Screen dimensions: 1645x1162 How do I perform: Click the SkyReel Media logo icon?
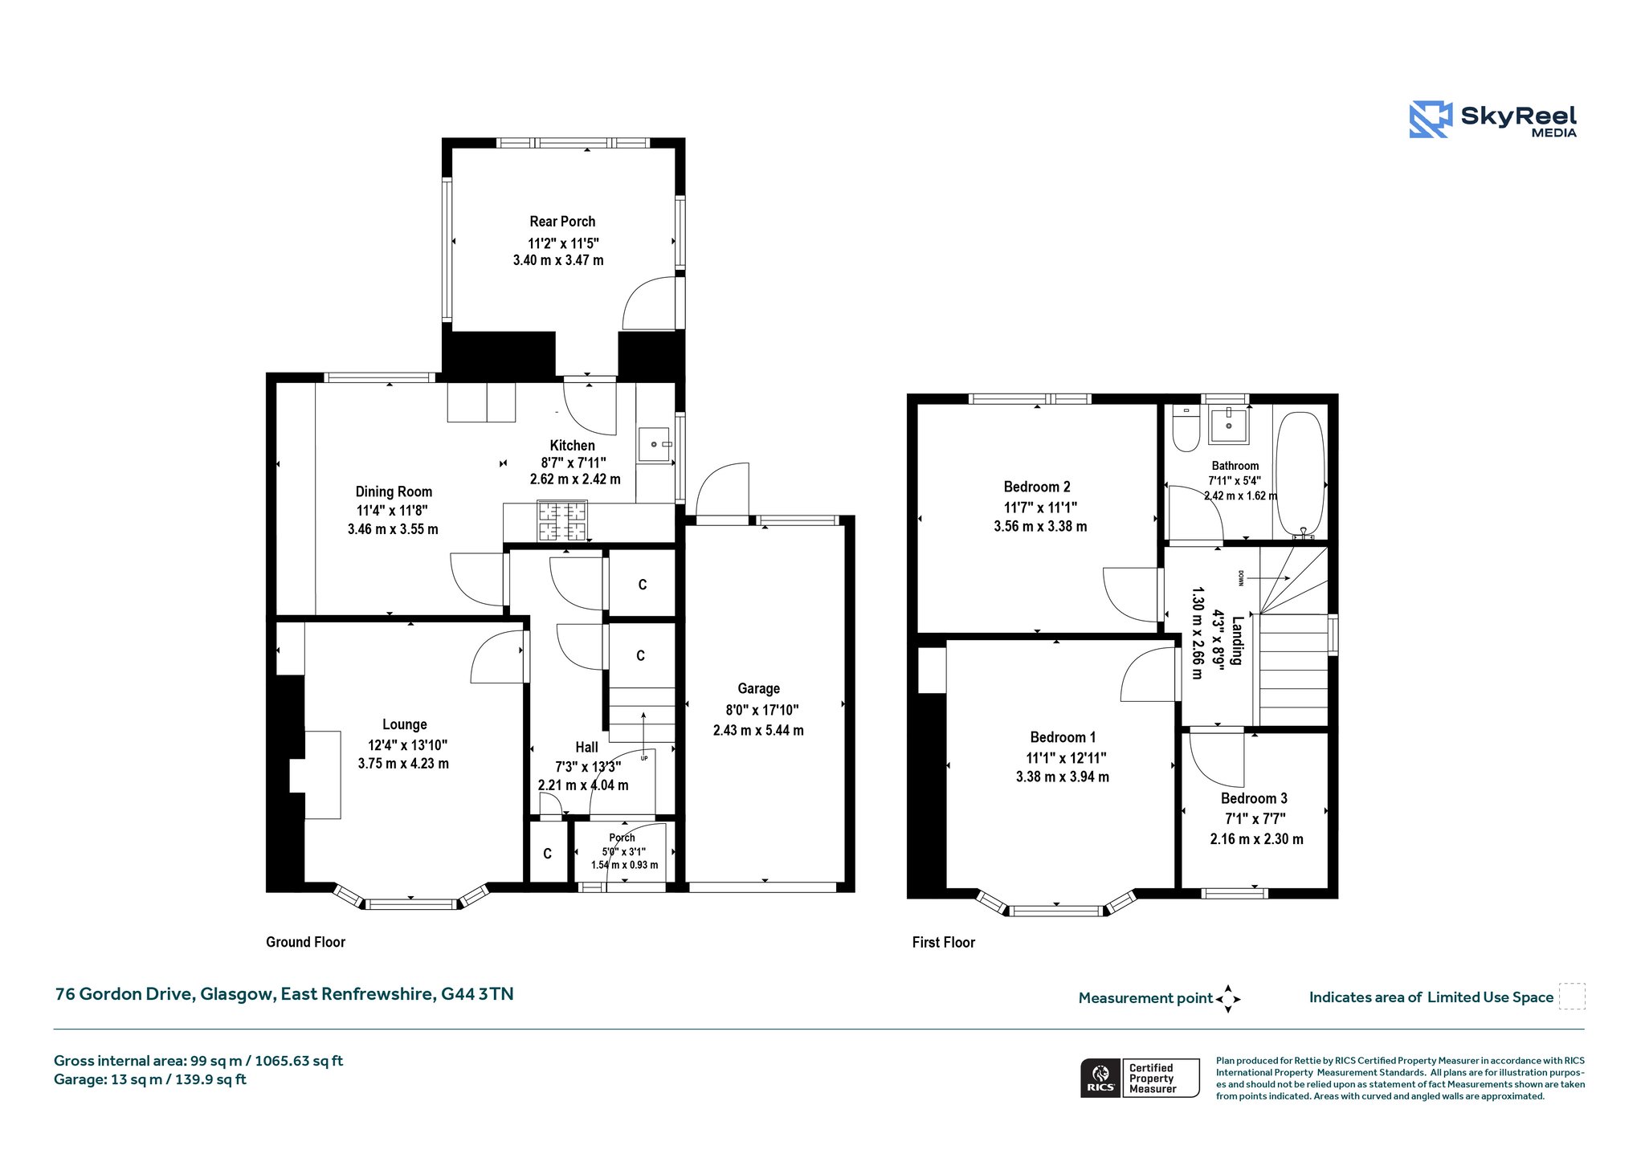[x=1431, y=120]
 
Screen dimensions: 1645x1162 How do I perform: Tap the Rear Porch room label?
[x=562, y=222]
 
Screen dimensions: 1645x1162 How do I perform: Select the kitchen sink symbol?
[x=655, y=444]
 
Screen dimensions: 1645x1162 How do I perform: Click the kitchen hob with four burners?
[x=562, y=520]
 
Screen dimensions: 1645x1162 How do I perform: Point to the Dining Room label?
[x=394, y=491]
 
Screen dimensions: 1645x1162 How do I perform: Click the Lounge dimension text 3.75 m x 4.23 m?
[x=403, y=764]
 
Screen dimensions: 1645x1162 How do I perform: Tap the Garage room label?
[x=758, y=688]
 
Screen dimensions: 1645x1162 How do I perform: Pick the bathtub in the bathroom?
[x=1300, y=473]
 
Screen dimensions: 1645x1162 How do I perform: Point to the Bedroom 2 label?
[x=1037, y=487]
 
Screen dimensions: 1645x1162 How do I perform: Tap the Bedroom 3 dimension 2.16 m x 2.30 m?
[x=1256, y=839]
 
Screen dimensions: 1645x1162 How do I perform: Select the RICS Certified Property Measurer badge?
[x=1140, y=1078]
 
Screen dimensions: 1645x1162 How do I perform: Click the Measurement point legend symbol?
[x=1228, y=999]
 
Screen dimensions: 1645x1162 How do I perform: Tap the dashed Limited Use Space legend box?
[x=1572, y=997]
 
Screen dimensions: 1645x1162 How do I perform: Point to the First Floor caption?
[x=943, y=943]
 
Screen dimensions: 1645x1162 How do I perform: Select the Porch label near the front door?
[x=622, y=838]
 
